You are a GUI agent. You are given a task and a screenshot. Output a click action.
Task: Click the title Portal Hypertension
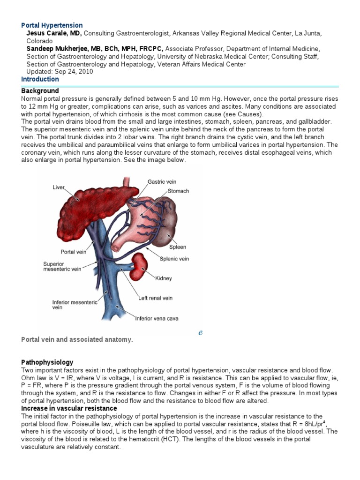tap(52, 25)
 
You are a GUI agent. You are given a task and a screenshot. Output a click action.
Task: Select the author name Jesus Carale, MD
tap(54, 33)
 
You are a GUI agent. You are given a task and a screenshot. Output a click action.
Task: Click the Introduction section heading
tap(40, 79)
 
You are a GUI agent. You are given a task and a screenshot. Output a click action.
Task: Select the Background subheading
tap(40, 90)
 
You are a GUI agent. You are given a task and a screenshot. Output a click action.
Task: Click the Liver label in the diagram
tap(58, 187)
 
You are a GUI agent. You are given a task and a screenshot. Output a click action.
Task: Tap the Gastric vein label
tap(162, 181)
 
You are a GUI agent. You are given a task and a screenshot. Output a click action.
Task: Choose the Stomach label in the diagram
tap(179, 191)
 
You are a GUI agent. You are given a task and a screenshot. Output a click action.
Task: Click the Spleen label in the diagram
tap(178, 247)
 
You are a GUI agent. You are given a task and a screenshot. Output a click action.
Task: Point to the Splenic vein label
tap(174, 258)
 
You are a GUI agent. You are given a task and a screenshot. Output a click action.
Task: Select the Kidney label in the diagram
tap(163, 278)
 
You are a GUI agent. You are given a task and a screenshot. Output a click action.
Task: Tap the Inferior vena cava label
tap(157, 319)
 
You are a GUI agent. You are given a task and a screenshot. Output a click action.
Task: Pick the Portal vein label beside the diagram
tap(73, 252)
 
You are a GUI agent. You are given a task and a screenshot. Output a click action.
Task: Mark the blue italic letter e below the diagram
tap(200, 332)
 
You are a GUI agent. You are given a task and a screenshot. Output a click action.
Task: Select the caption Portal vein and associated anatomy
tap(77, 339)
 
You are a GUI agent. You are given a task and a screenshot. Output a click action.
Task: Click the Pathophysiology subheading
tap(47, 362)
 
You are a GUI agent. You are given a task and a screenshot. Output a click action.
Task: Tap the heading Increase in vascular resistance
tap(69, 408)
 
